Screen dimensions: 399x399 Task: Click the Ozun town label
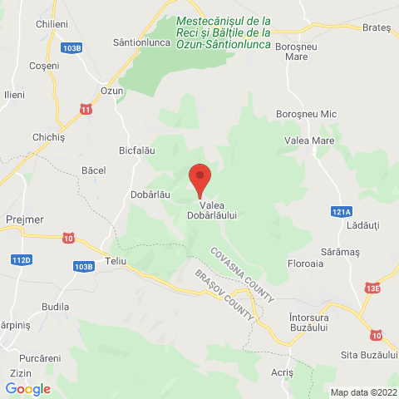click(x=111, y=91)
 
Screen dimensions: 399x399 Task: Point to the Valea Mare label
click(x=309, y=141)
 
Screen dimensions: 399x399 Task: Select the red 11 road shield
click(x=86, y=109)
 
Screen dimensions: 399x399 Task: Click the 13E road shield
click(x=372, y=288)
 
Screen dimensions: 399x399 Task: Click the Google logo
click(x=27, y=388)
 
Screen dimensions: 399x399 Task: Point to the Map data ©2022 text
click(x=363, y=392)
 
